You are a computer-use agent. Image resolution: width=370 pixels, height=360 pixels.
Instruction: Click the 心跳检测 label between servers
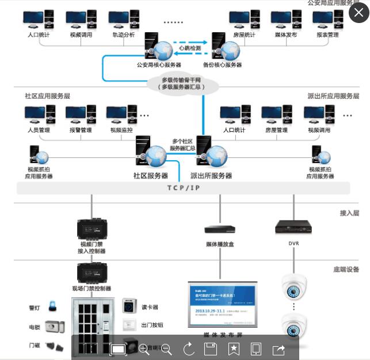[189, 48]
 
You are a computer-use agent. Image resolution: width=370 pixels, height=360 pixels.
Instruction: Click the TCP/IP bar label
[184, 188]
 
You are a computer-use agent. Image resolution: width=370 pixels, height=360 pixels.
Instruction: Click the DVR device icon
[293, 226]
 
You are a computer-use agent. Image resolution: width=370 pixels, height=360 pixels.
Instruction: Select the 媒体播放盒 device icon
[220, 229]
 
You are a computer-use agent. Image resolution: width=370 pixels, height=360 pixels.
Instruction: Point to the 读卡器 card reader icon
[129, 306]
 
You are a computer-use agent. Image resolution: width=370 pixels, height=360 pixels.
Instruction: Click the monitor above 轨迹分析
[123, 20]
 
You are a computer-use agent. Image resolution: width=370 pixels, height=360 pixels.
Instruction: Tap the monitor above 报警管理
[80, 114]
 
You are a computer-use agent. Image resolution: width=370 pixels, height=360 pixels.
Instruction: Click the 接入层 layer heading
[349, 213]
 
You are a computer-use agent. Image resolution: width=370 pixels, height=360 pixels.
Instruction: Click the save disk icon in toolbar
[211, 348]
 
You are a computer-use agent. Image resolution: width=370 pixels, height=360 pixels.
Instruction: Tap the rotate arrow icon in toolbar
[189, 348]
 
